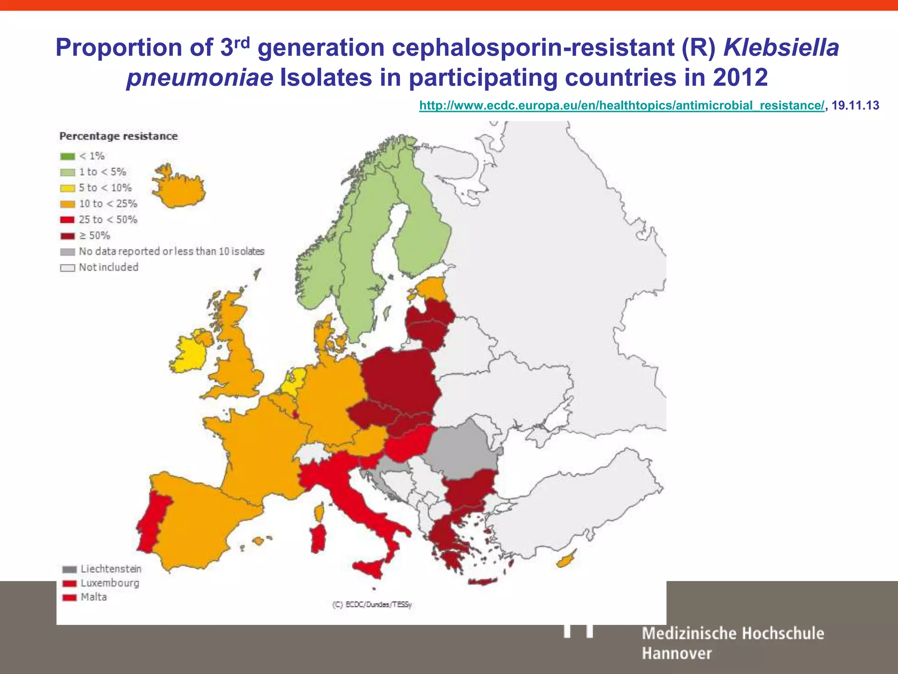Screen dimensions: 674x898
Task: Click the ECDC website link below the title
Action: (x=621, y=106)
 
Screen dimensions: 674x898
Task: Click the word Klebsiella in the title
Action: (x=781, y=47)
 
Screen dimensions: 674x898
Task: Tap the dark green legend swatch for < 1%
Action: (x=68, y=156)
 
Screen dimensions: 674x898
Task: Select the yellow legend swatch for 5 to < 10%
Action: (x=68, y=188)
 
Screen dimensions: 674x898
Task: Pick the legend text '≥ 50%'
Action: (x=94, y=236)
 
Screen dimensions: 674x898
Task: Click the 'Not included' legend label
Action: (x=108, y=267)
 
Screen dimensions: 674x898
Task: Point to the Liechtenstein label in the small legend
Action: (x=110, y=569)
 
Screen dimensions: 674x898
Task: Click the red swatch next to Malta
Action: (x=69, y=598)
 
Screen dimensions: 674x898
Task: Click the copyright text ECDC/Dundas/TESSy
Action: (x=372, y=605)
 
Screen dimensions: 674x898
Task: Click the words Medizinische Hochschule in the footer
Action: (x=733, y=634)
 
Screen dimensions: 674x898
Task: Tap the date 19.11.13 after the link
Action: (x=855, y=106)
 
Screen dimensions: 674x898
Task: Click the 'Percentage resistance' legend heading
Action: (x=118, y=136)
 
